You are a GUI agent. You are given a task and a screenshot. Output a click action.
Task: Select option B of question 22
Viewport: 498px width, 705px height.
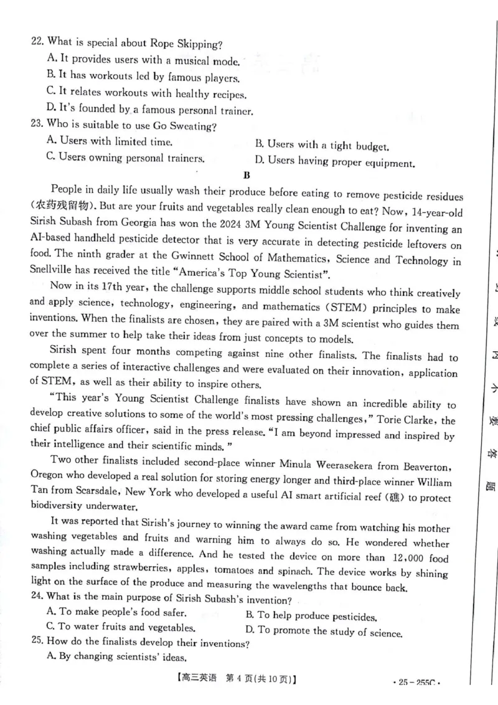(143, 77)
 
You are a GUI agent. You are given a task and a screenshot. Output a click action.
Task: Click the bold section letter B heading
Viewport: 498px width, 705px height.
(247, 176)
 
